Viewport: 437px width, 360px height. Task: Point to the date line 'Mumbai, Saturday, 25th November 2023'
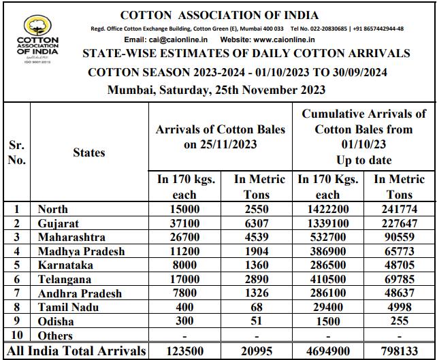click(216, 90)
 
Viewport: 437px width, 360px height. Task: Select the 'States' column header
click(89, 152)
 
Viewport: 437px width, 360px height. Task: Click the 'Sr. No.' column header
click(17, 152)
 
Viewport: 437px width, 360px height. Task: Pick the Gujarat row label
click(59, 223)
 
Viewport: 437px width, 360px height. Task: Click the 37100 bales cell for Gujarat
click(185, 223)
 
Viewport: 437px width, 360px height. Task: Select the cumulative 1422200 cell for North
click(323, 209)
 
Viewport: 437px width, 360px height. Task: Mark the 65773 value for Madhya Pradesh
click(400, 251)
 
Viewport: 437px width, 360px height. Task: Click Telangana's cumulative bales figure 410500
click(323, 280)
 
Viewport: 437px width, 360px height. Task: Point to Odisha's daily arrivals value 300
click(185, 322)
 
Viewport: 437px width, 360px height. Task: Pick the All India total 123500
click(185, 351)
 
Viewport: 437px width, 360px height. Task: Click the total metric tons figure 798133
click(400, 351)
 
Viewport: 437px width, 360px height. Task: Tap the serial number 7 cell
click(17, 293)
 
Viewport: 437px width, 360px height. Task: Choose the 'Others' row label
click(56, 336)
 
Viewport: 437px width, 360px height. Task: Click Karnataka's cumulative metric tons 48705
click(400, 265)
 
